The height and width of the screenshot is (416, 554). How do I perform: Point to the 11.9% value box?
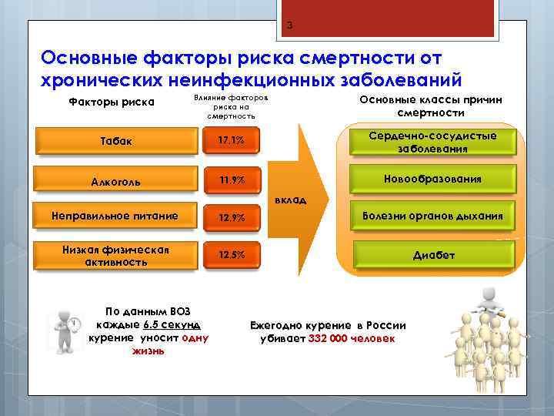[x=231, y=181]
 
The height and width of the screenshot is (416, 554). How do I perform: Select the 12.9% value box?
[x=231, y=217]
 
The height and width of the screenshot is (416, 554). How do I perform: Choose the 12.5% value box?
[x=231, y=255]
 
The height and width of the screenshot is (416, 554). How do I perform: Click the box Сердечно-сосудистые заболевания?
[x=432, y=142]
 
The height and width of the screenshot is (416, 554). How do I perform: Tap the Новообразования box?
[x=432, y=179]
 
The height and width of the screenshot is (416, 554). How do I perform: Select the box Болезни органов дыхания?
[x=432, y=216]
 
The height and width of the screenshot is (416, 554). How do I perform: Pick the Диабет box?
[x=432, y=255]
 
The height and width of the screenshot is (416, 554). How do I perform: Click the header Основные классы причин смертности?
[x=430, y=106]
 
